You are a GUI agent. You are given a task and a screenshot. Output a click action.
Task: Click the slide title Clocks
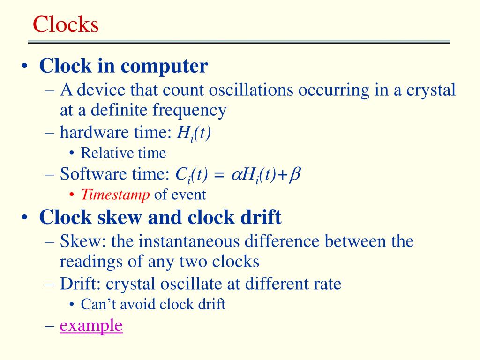pyautogui.click(x=66, y=24)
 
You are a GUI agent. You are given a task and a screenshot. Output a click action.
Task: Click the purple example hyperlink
pyautogui.click(x=91, y=325)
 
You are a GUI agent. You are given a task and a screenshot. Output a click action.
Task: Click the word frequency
pyautogui.click(x=190, y=110)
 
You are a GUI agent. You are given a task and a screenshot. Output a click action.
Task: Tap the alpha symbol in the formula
pyautogui.click(x=235, y=175)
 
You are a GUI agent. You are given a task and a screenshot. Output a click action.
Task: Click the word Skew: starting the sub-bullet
pyautogui.click(x=77, y=241)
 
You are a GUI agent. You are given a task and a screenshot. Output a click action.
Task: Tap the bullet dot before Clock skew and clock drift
pyautogui.click(x=24, y=218)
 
